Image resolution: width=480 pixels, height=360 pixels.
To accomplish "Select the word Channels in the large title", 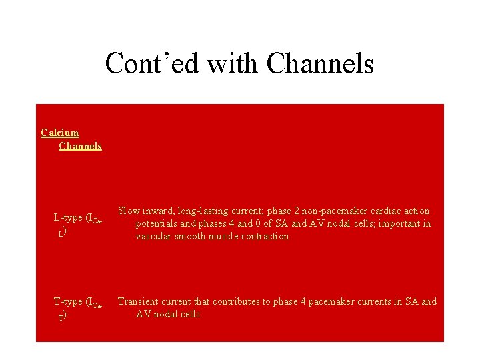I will [320, 64].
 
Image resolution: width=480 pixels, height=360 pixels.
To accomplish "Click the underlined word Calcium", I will [59, 133].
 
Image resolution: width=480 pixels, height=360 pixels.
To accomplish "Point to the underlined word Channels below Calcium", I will [80, 145].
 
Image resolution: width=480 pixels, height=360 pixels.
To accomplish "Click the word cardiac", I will [385, 211].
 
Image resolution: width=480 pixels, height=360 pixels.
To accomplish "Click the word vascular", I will [154, 236].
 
